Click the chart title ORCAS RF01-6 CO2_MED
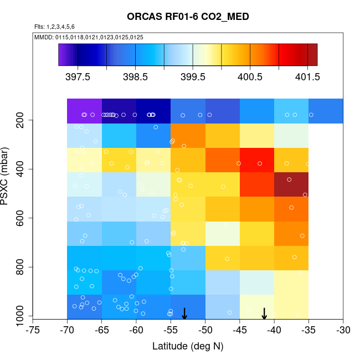(188, 17)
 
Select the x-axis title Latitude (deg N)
(188, 346)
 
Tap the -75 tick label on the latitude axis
(33, 331)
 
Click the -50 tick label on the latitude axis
(205, 331)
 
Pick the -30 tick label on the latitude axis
(343, 331)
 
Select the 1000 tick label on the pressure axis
(20, 317)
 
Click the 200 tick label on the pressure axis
(20, 120)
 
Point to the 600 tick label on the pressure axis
(20, 218)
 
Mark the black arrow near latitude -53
(184, 313)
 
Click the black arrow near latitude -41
(265, 313)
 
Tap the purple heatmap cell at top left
(84, 111)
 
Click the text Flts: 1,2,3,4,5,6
(54, 27)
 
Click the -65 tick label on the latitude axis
(101, 331)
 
